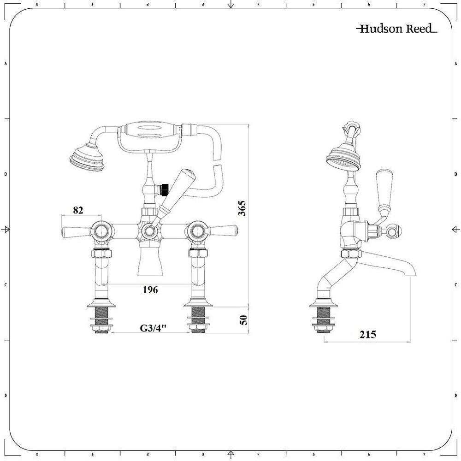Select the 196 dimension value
[150, 290]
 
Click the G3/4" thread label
[153, 328]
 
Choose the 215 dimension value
[367, 335]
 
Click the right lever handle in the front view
[222, 229]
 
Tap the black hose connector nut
[162, 188]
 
